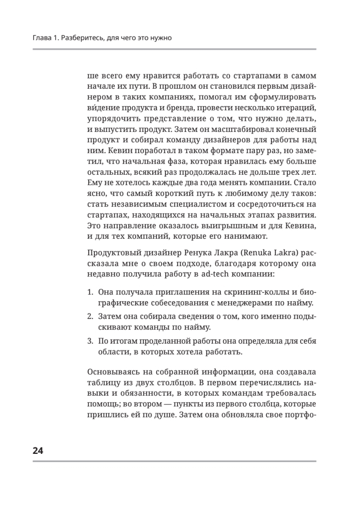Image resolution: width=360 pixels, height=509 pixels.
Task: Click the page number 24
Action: point(38,450)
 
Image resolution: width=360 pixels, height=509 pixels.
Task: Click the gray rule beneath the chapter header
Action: point(174,49)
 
